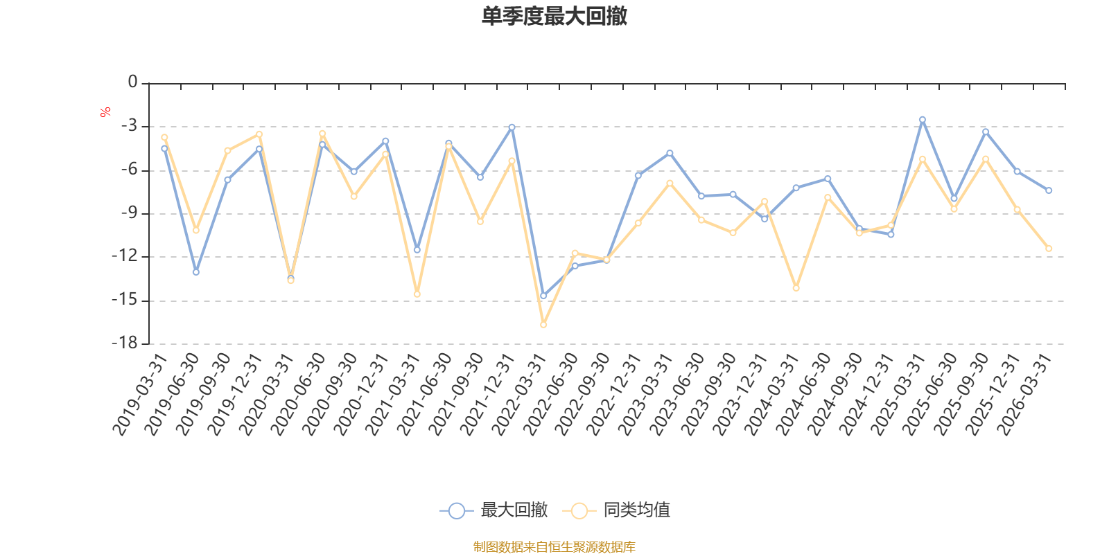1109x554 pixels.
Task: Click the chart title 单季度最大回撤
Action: coord(554,16)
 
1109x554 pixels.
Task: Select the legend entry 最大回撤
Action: coord(494,510)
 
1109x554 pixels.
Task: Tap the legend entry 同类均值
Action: coord(616,510)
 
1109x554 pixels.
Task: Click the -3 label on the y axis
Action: coord(129,125)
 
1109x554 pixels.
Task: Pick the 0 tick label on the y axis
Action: coord(132,82)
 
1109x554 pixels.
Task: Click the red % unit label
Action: coord(105,112)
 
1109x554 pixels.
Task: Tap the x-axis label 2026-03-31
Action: coord(1024,394)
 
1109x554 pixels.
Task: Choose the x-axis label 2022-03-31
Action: coord(519,394)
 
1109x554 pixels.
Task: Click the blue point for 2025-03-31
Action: coord(923,120)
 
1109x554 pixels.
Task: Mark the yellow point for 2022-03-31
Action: coord(543,325)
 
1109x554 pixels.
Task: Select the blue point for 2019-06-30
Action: coord(196,272)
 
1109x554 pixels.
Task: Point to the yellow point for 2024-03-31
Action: coord(796,288)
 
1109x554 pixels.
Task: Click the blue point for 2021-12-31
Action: coord(512,127)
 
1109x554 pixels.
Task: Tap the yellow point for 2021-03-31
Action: coord(417,294)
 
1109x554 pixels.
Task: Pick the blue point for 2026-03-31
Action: coord(1049,190)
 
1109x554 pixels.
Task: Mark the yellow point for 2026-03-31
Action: coord(1049,249)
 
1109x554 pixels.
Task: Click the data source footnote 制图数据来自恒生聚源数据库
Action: coord(554,546)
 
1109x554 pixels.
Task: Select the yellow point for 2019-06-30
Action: coord(196,231)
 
